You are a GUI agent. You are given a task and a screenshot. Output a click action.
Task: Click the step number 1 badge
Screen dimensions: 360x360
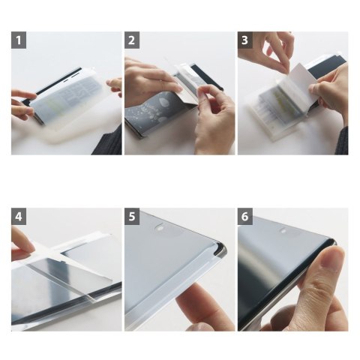click(19, 40)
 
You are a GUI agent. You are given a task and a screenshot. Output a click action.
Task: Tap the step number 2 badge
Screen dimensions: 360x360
click(132, 40)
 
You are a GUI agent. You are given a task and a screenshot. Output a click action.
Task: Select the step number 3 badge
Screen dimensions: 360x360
click(245, 40)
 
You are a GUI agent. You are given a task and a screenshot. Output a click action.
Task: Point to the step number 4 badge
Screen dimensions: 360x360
click(19, 217)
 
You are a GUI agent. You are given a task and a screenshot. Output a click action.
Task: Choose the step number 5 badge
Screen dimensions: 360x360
click(132, 217)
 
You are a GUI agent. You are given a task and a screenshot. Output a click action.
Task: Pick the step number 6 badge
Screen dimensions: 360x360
click(245, 217)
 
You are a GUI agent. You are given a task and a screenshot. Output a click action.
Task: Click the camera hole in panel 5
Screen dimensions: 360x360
click(159, 228)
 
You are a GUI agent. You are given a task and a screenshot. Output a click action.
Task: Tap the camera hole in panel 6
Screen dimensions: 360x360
click(283, 230)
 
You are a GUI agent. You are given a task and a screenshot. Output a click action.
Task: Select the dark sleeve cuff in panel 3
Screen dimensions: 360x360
click(342, 140)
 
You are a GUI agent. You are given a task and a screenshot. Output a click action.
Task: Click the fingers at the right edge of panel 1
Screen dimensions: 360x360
click(114, 85)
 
